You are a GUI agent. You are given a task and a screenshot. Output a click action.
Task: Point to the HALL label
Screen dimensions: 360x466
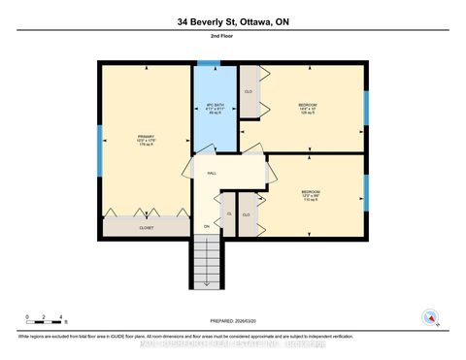coord(212,174)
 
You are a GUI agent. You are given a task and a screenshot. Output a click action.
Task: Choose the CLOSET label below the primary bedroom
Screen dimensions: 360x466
coord(147,229)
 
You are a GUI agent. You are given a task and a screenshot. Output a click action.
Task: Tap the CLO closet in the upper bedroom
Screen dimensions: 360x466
coord(249,92)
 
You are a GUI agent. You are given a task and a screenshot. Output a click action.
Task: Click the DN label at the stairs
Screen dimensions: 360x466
coord(206,227)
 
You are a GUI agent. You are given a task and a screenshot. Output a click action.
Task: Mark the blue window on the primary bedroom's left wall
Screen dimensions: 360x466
coord(99,146)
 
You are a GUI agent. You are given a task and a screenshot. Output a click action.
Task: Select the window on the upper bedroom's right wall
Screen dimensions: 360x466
coord(366,109)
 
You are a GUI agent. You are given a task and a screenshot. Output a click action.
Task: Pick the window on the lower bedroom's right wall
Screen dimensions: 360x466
coord(366,192)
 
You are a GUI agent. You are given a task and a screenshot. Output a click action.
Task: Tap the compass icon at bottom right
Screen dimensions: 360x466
coord(429,316)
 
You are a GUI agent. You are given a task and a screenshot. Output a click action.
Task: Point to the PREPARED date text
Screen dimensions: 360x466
coord(233,321)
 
